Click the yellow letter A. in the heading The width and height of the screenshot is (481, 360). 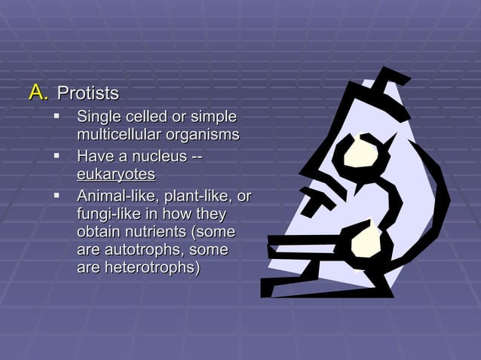click(x=38, y=93)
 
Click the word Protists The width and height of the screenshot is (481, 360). click(x=88, y=94)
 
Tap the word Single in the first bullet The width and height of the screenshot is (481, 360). click(x=99, y=117)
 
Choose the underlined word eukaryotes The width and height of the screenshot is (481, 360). click(x=116, y=175)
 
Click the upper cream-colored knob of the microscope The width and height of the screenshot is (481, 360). click(x=356, y=154)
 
